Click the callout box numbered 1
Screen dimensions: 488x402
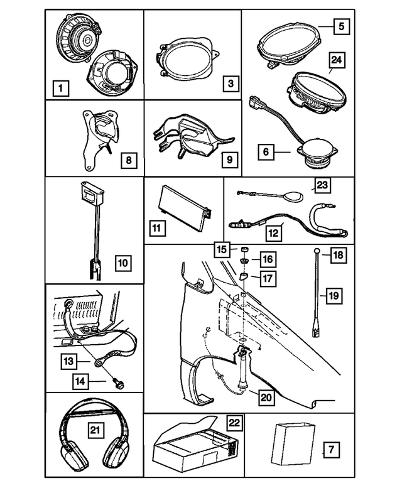[60, 89]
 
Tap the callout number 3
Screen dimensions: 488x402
[230, 82]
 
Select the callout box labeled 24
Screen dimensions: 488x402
[336, 61]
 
